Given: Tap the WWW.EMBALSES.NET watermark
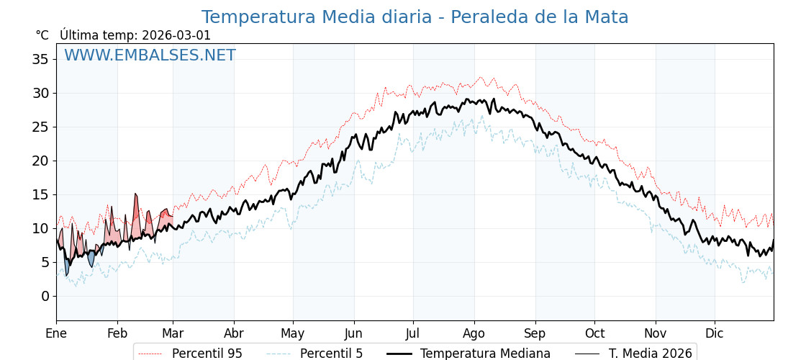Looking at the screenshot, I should (x=150, y=55).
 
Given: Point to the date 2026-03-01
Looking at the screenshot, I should (x=176, y=35).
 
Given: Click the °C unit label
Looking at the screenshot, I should (x=42, y=35).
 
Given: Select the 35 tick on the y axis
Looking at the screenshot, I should (x=40, y=59).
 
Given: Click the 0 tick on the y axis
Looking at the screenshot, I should (x=45, y=296).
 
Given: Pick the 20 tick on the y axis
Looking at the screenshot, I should (x=40, y=161).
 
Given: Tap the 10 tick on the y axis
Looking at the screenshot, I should (x=40, y=228).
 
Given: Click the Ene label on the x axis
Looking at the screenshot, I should (x=56, y=333).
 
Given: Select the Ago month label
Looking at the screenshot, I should (x=474, y=333).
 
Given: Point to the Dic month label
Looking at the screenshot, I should (x=715, y=333).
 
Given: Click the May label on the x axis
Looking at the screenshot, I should (x=293, y=333).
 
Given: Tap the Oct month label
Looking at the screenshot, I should (x=594, y=333).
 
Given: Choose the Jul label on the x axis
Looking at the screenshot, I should (x=413, y=333).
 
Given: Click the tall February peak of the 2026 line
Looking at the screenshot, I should (x=135, y=194).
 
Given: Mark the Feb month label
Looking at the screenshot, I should (x=117, y=333).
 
